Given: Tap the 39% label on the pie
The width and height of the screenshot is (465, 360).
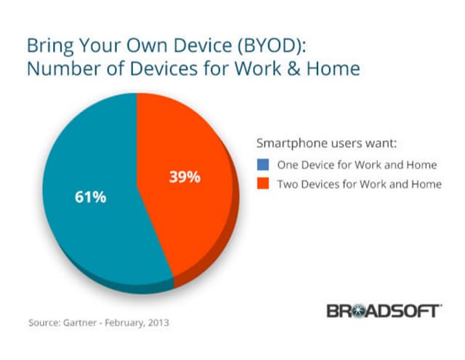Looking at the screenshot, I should (x=185, y=176).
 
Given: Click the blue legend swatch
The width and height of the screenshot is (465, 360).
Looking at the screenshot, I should (x=264, y=163).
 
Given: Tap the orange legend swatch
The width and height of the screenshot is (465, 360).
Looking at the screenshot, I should (x=264, y=184).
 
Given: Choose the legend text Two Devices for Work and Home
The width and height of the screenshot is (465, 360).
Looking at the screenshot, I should (x=359, y=184).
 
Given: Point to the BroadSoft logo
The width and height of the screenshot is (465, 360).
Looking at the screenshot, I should (x=382, y=311).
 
